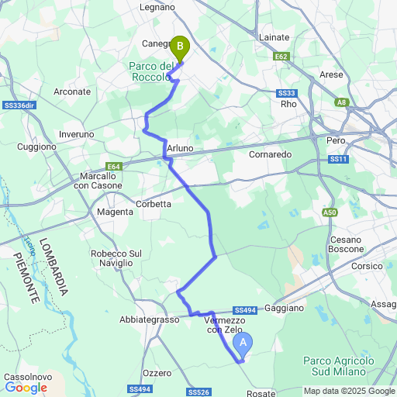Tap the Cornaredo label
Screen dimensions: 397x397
pos(271,155)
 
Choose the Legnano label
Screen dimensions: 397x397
pos(158,7)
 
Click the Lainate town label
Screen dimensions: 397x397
pos(273,37)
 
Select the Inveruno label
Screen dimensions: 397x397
pos(76,134)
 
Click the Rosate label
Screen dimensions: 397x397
pos(260,393)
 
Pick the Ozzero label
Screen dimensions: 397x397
pos(157,373)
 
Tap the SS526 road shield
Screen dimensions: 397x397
pos(198,392)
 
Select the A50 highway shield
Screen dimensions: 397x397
pos(330,212)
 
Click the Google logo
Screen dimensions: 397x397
pos(26,388)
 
